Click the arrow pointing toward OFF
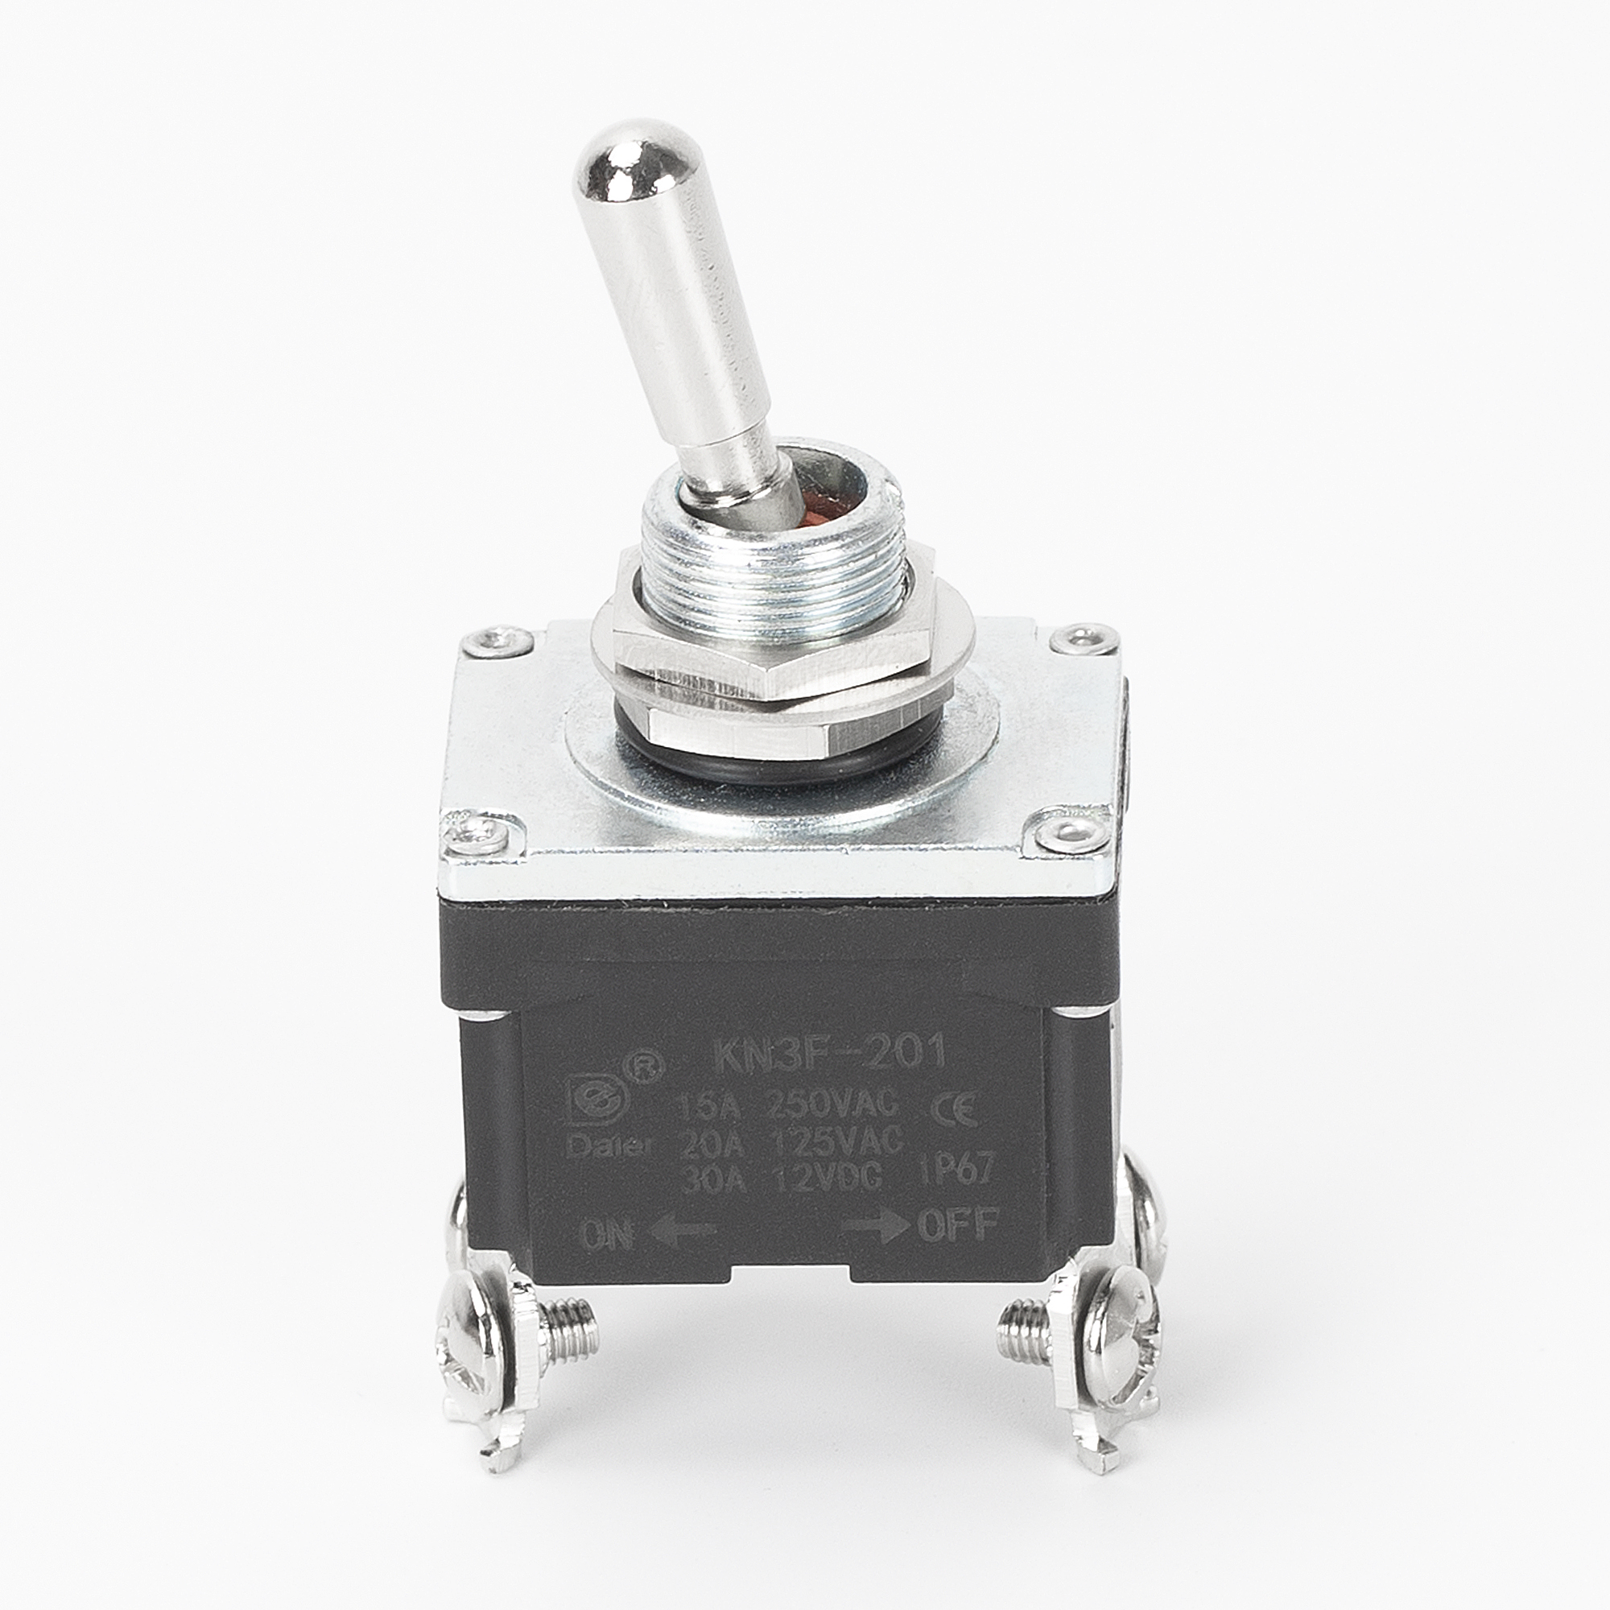[875, 1225]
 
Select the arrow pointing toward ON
[682, 1230]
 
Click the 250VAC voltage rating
[833, 1106]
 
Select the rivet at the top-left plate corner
[497, 642]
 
